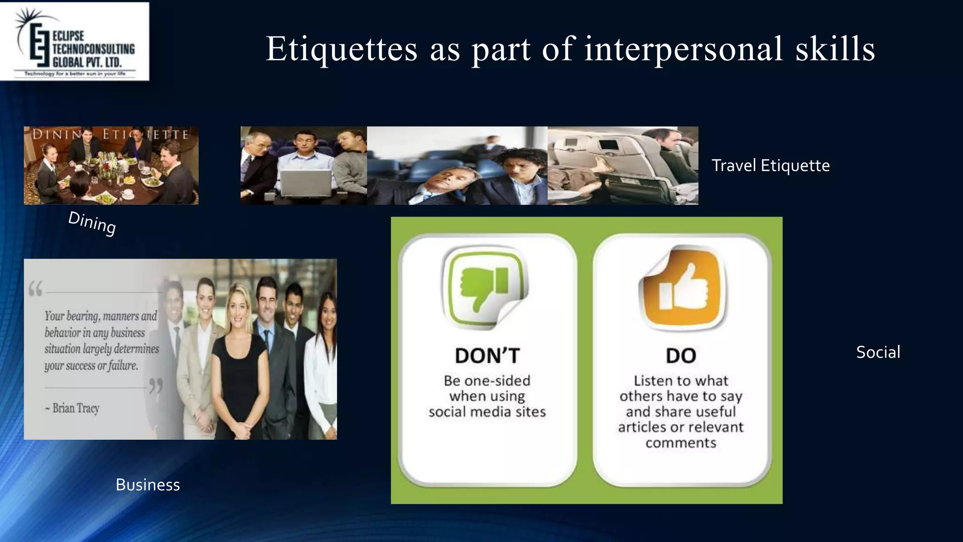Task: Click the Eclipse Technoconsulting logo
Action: (75, 41)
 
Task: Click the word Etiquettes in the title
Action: (341, 48)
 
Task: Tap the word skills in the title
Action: (835, 48)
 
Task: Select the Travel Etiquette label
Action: (770, 166)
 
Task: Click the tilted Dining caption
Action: (92, 223)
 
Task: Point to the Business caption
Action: (148, 485)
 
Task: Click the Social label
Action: (878, 352)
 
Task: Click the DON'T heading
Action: (487, 356)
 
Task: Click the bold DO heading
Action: (681, 356)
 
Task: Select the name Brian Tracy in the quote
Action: (76, 408)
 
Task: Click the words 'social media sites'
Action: (487, 412)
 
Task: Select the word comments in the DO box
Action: (681, 443)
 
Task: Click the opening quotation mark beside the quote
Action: (35, 288)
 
